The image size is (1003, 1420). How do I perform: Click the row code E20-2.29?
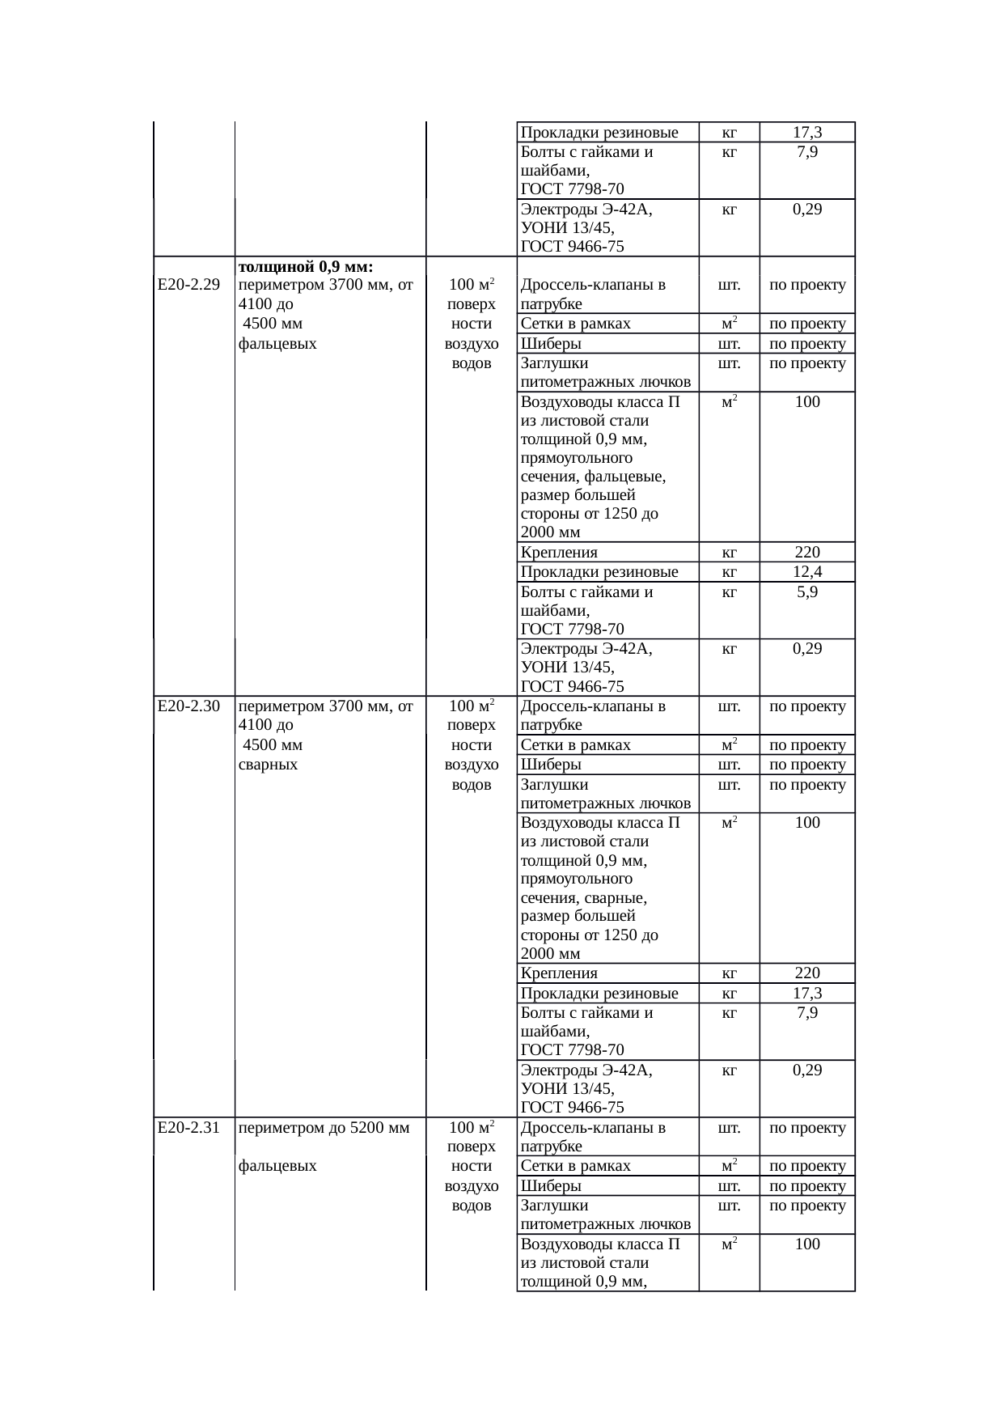[x=188, y=285]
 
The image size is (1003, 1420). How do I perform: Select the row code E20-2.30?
[x=188, y=706]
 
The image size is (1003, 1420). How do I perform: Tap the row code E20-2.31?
[x=188, y=1128]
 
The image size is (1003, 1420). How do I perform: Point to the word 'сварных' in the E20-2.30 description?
[x=268, y=765]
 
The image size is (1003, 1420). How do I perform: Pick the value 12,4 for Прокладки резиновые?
[x=806, y=572]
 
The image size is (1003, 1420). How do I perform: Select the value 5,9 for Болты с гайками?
[x=806, y=592]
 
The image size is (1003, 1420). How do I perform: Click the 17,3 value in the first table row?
[x=806, y=132]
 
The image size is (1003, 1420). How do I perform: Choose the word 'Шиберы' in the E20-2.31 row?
[x=551, y=1186]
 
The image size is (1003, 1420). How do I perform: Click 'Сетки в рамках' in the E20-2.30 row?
[x=575, y=745]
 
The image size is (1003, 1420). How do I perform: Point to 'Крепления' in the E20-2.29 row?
[x=559, y=553]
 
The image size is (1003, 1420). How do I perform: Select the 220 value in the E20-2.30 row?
[x=806, y=973]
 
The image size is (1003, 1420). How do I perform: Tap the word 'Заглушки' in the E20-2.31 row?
[x=555, y=1206]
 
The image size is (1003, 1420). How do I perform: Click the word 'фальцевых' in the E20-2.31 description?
[x=277, y=1166]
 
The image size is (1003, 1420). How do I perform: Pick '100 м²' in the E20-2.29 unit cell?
[x=472, y=285]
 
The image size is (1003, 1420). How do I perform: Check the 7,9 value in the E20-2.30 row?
[x=806, y=1013]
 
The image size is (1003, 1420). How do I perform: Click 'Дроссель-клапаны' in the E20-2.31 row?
[x=593, y=1128]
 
